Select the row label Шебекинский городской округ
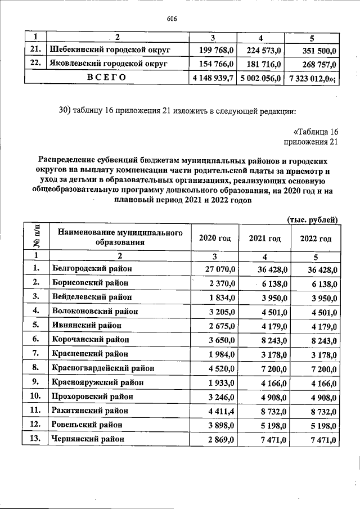(111, 51)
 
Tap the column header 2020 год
(215, 238)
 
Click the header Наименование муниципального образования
(118, 237)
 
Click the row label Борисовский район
(90, 282)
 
